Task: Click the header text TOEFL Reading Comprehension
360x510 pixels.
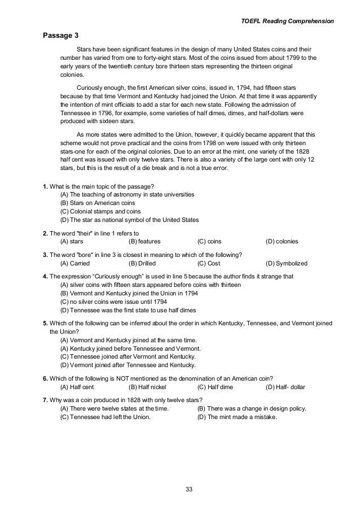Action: click(288, 21)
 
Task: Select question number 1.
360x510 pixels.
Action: click(45, 187)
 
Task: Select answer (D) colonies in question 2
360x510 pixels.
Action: click(282, 242)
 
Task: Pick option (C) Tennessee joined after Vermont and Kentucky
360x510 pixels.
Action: click(128, 357)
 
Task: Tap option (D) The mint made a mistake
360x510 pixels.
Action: click(237, 417)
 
